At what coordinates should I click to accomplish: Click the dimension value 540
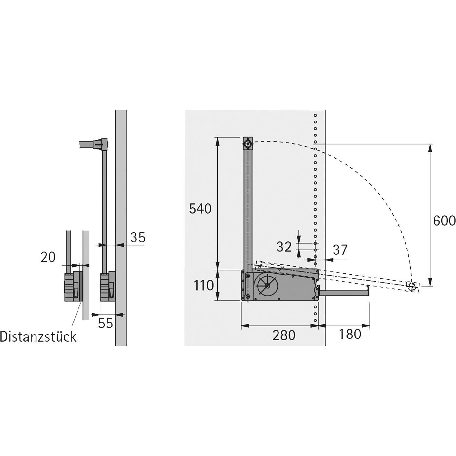(x=200, y=209)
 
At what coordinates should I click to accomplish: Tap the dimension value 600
(x=444, y=221)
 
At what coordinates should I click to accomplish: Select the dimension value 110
(x=204, y=286)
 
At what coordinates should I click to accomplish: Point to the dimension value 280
(x=284, y=335)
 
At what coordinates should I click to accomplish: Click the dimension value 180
(x=350, y=334)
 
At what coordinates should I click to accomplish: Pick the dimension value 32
(x=284, y=247)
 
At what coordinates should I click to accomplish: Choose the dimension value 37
(x=340, y=250)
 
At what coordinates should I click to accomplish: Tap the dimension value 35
(x=137, y=237)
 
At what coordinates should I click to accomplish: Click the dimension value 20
(x=48, y=257)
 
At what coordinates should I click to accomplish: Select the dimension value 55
(x=105, y=323)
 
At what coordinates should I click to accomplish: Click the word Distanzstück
(x=38, y=336)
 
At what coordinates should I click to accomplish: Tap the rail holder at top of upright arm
(x=248, y=143)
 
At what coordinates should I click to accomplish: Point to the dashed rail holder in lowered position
(x=412, y=287)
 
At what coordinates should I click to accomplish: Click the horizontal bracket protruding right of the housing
(x=344, y=293)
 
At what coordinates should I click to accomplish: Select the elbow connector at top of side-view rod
(x=102, y=144)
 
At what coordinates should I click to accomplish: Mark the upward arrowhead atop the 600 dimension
(x=431, y=148)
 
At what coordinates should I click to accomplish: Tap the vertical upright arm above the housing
(x=248, y=208)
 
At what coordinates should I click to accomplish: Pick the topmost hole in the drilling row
(x=315, y=115)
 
